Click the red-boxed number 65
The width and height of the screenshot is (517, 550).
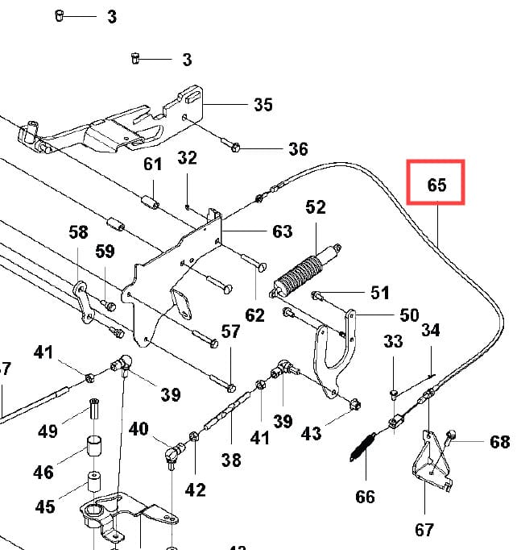pyautogui.click(x=436, y=185)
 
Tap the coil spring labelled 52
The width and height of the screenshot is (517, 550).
pyautogui.click(x=300, y=273)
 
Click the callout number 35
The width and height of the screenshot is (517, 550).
pyautogui.click(x=263, y=105)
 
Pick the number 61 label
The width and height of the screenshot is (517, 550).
pyautogui.click(x=153, y=165)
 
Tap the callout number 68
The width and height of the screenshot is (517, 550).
pyautogui.click(x=499, y=441)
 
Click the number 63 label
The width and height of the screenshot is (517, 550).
pyautogui.click(x=282, y=232)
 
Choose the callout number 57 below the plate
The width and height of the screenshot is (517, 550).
pyautogui.click(x=231, y=331)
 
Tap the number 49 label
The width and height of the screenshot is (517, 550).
pyautogui.click(x=48, y=431)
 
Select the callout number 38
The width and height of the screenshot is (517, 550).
pyautogui.click(x=231, y=460)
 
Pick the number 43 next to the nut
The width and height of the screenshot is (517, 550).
pyautogui.click(x=311, y=434)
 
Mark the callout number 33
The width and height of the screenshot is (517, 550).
pyautogui.click(x=393, y=342)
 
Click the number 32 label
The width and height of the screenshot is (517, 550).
pyautogui.click(x=187, y=158)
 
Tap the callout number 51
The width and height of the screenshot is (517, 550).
pyautogui.click(x=379, y=292)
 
